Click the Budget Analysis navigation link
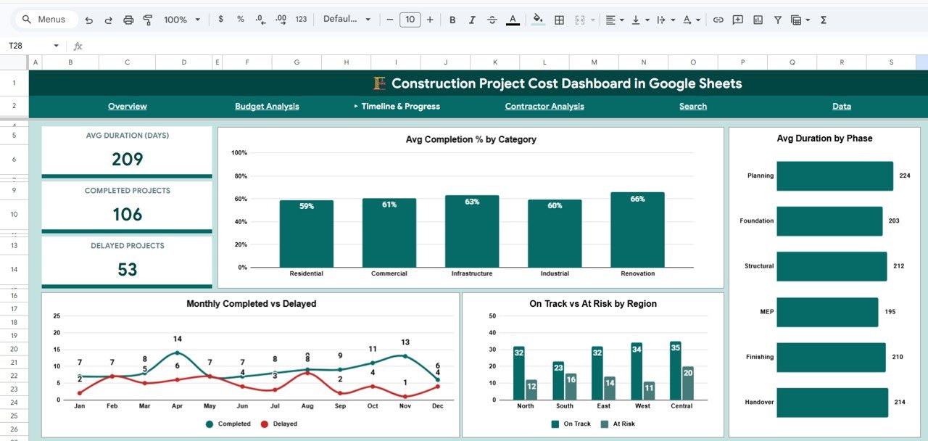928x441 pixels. click(267, 107)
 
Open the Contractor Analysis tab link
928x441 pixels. click(544, 107)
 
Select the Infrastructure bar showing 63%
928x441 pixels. click(472, 231)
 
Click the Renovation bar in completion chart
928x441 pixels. click(637, 230)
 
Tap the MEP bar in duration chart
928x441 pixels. click(827, 312)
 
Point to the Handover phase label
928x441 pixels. click(759, 402)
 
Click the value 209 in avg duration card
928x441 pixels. click(127, 159)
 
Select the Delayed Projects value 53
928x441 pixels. click(127, 269)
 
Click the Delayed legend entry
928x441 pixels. click(279, 424)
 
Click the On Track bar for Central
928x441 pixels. click(676, 371)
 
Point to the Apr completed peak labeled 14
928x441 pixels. click(177, 353)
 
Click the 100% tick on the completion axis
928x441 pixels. click(239, 153)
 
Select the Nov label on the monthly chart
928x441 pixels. click(405, 406)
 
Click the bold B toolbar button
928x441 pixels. click(452, 20)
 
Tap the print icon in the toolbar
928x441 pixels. click(128, 20)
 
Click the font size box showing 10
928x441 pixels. click(410, 20)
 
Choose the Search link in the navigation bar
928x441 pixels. click(692, 107)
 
